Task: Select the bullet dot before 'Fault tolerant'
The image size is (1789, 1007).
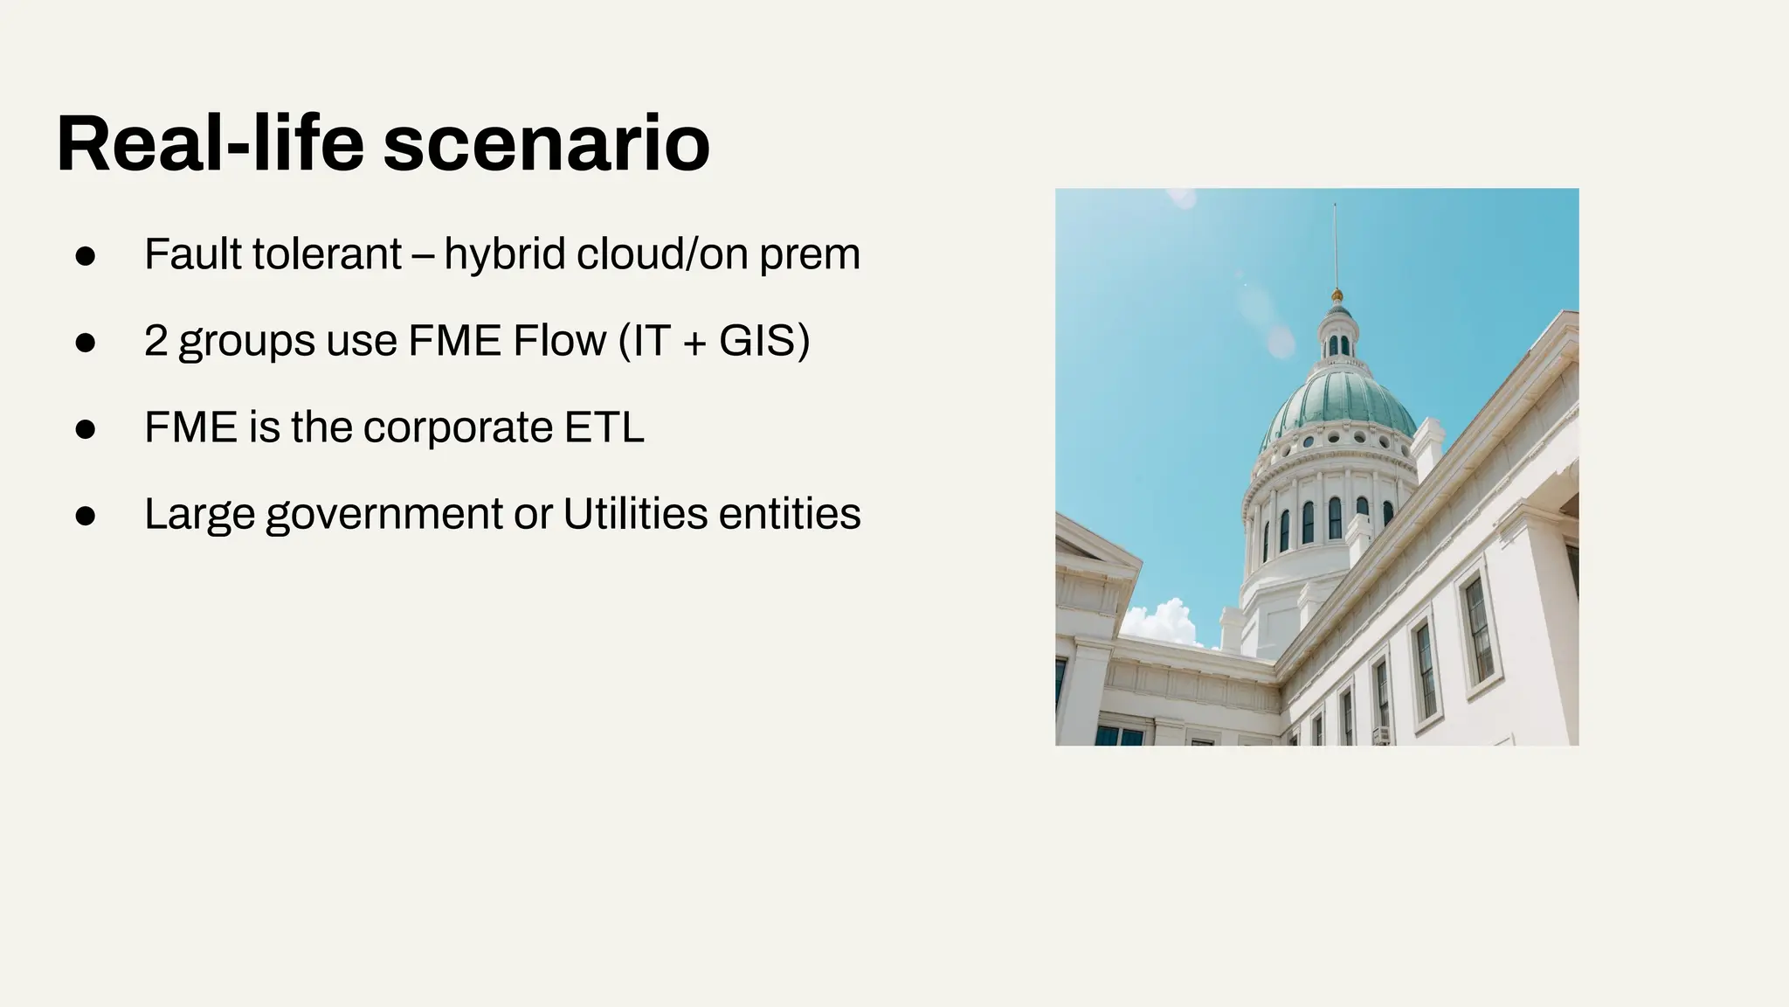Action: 85,255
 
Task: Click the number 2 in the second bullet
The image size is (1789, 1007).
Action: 155,340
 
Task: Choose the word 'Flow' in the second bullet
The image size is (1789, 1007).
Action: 559,340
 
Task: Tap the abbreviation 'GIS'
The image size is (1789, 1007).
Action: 756,340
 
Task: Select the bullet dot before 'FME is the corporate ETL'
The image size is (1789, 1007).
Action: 85,428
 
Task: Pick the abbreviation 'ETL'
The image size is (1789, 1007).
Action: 604,427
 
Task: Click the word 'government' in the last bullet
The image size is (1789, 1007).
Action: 384,514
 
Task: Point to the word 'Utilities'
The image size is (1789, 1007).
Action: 634,513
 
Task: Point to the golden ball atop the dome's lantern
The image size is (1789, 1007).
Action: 1336,295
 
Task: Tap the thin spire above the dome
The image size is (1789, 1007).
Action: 1335,245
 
